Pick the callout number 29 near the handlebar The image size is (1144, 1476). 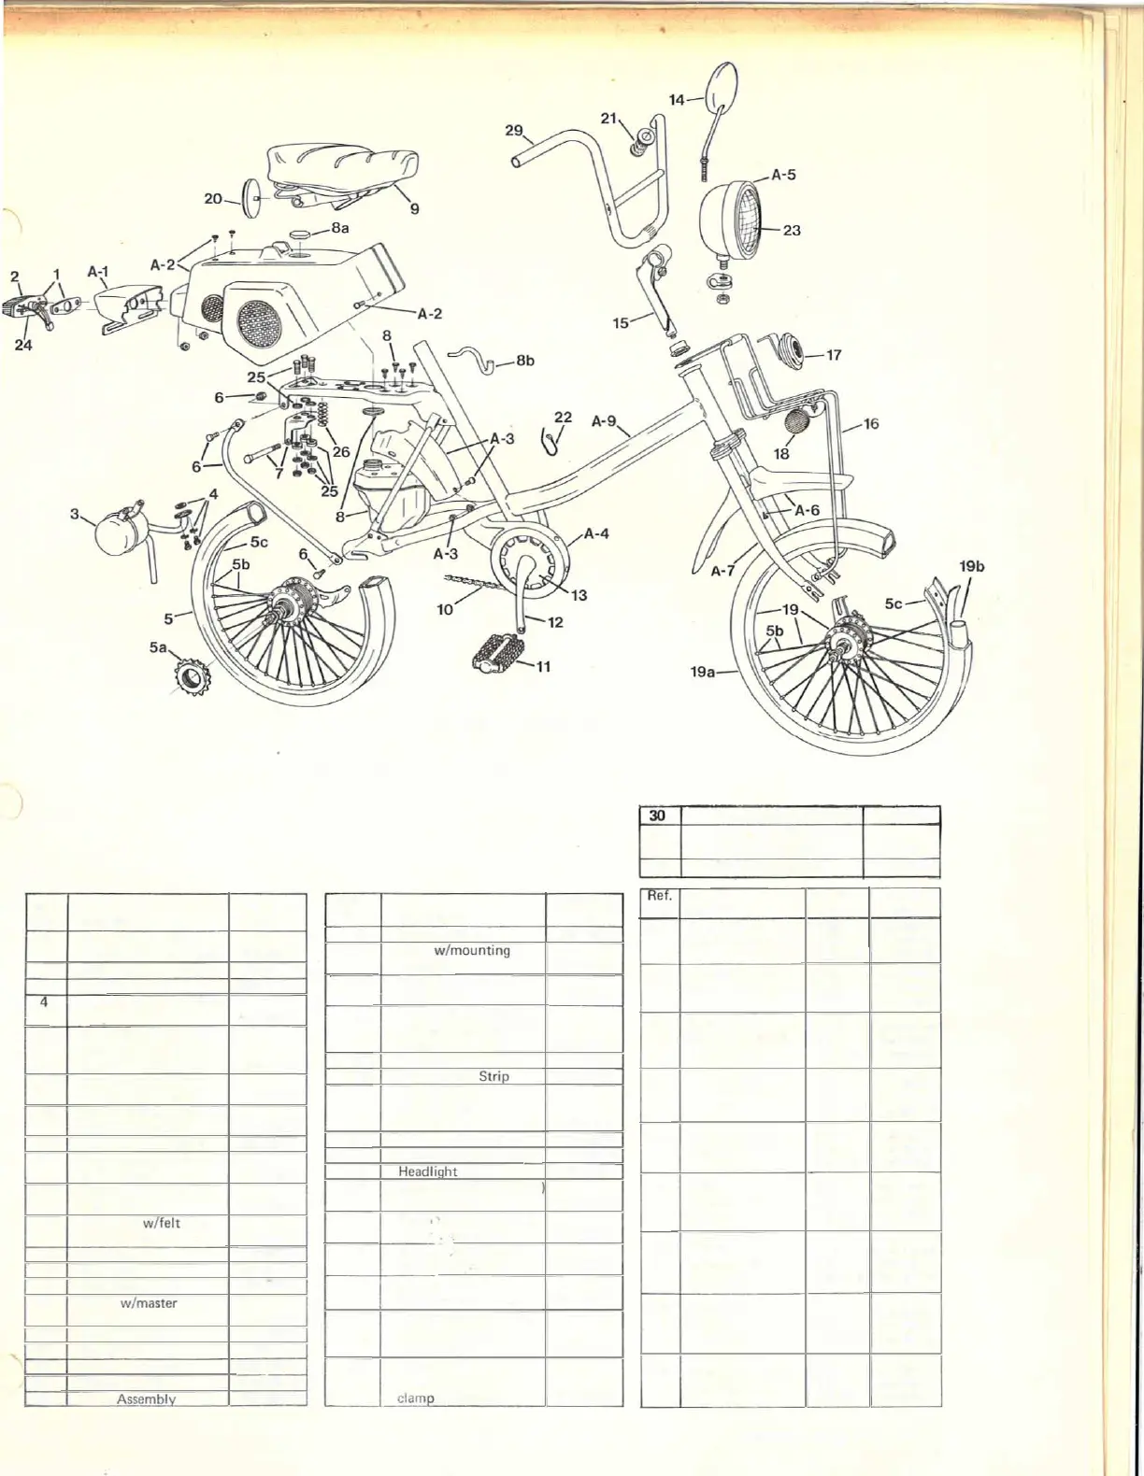pos(514,130)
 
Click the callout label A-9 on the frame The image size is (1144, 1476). pos(604,421)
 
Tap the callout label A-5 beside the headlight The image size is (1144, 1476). pos(783,175)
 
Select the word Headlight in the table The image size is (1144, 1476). pos(427,1171)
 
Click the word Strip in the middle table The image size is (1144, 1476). pos(493,1076)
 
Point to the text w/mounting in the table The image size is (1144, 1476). pos(472,950)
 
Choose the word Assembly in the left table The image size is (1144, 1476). pos(146,1398)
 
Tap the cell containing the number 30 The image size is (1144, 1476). pos(658,815)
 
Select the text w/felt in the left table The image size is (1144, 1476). pos(162,1223)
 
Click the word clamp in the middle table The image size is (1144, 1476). pos(416,1398)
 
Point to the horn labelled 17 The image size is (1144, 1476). pos(793,353)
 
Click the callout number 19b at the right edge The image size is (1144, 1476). pos(972,566)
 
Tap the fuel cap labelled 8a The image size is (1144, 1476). pos(302,234)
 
